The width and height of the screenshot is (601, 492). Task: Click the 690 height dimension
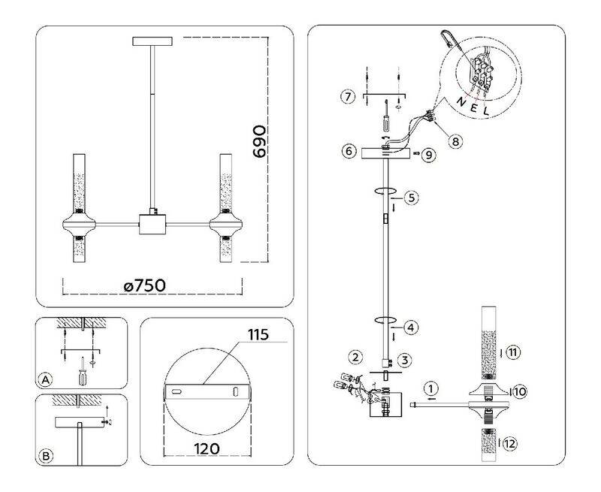pos(259,141)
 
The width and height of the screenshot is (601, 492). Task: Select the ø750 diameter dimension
pos(145,285)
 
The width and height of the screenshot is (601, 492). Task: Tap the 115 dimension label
pos(258,335)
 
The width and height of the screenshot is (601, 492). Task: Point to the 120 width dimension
pos(207,448)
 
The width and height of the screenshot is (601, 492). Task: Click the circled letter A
pos(46,380)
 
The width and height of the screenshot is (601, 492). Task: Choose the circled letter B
pos(46,456)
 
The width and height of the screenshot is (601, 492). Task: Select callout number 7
pos(348,96)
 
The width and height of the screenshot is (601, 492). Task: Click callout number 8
pos(455,142)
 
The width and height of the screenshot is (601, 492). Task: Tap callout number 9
pos(428,155)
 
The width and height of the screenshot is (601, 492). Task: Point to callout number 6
pos(349,151)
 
